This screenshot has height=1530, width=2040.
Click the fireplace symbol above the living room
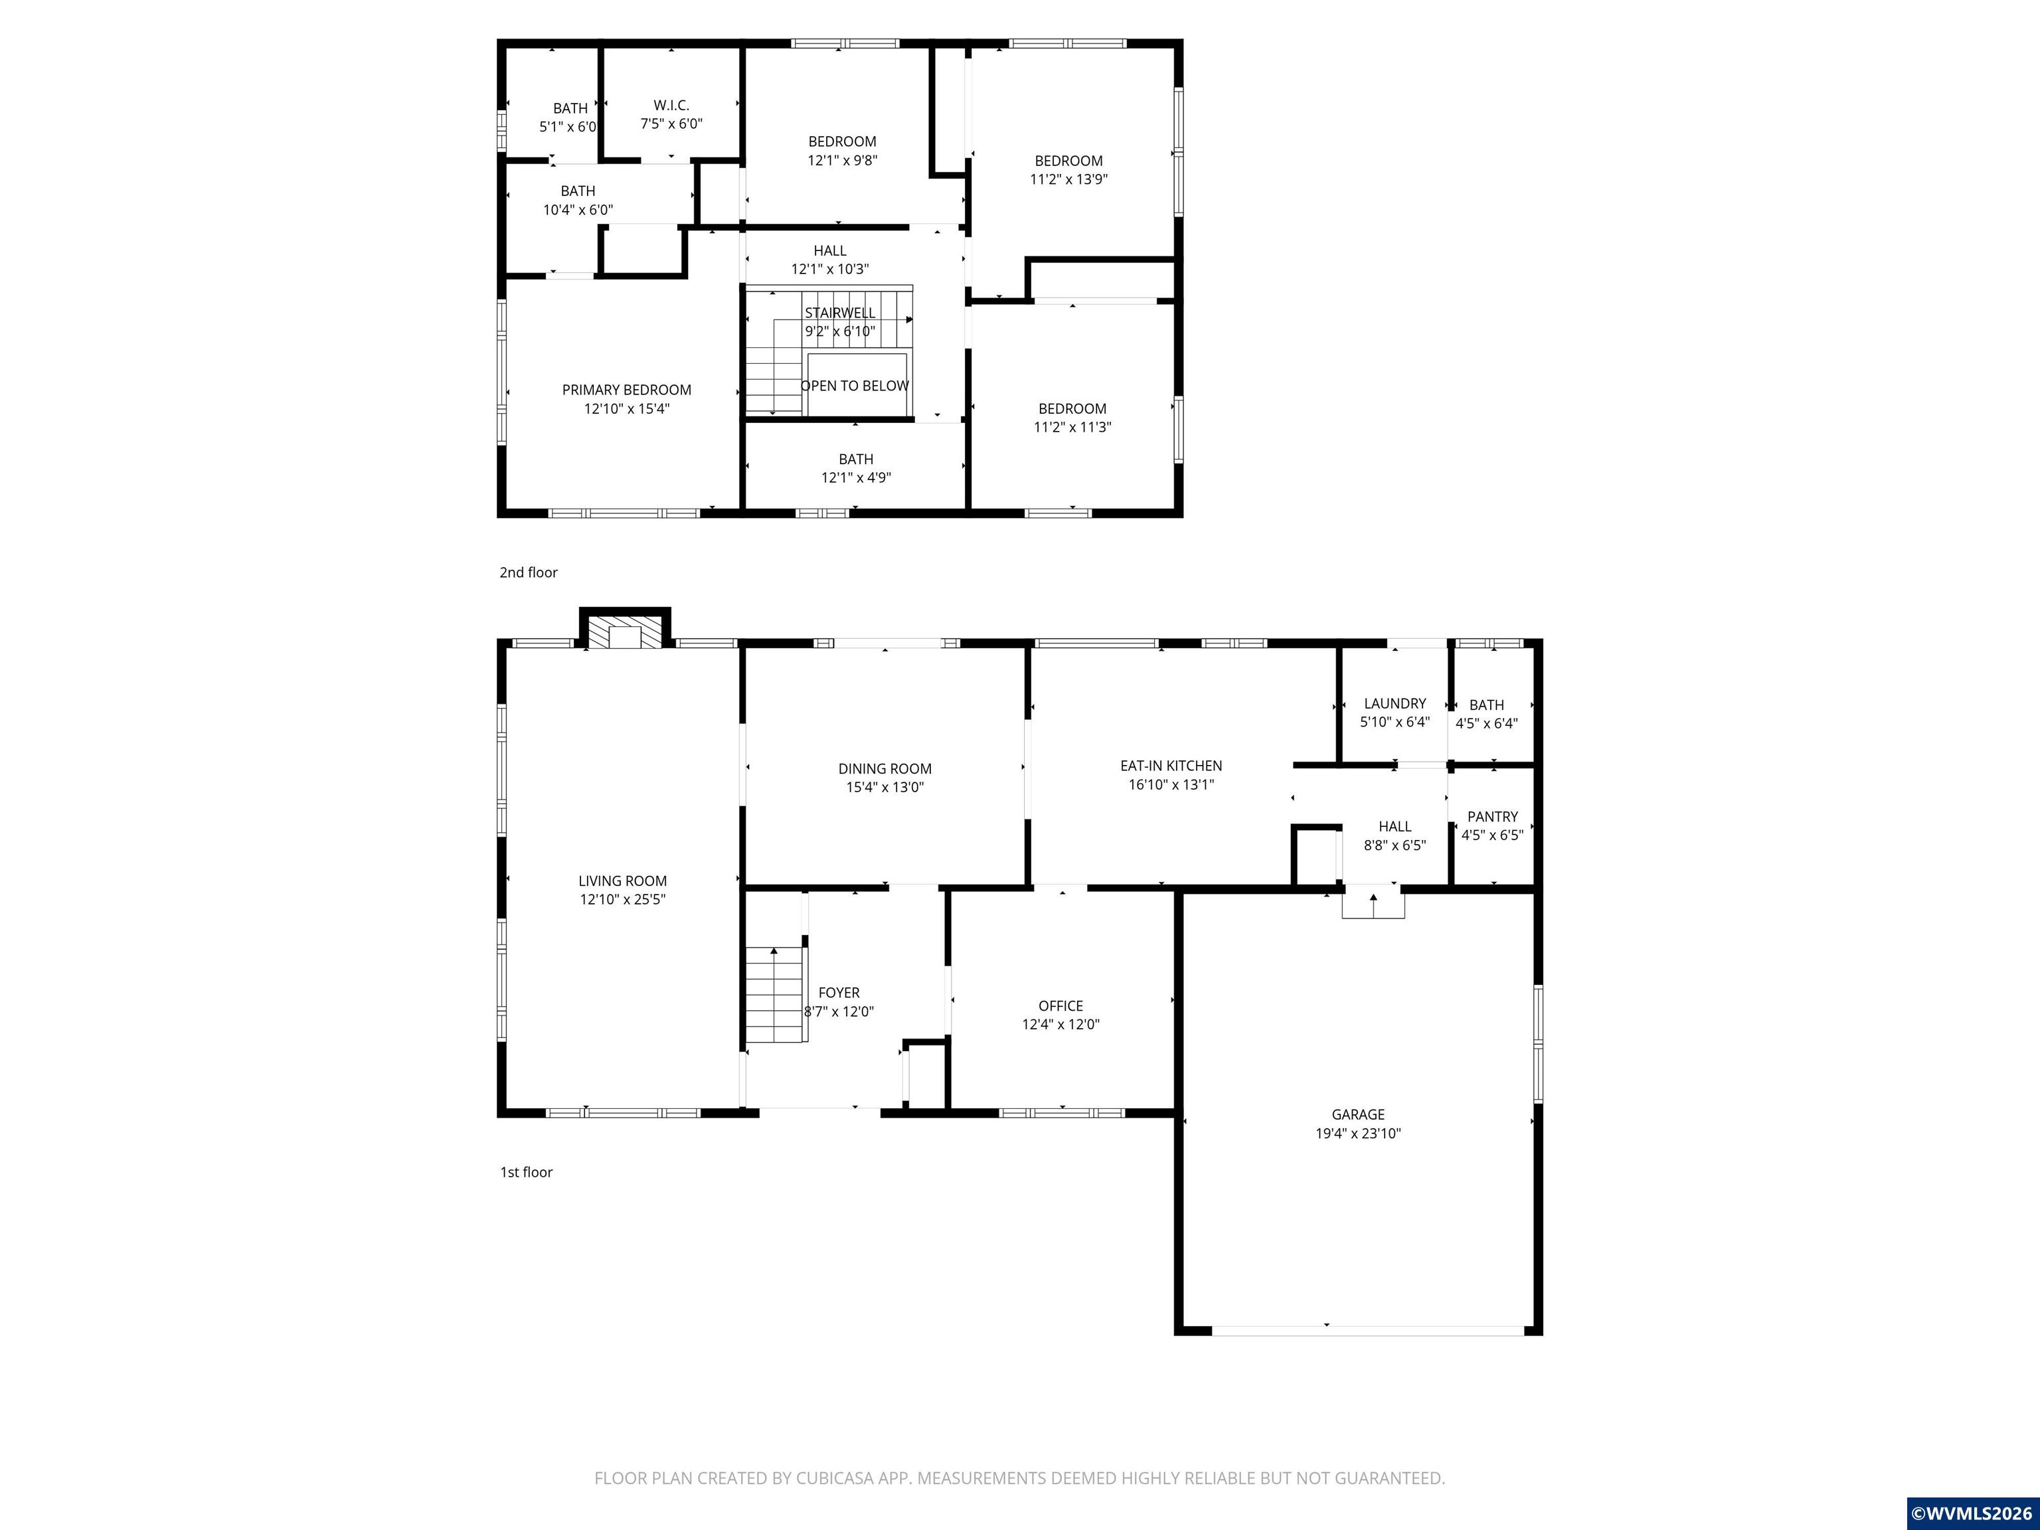point(626,634)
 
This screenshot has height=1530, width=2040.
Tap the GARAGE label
point(1357,1114)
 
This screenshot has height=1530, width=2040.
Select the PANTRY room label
point(1491,816)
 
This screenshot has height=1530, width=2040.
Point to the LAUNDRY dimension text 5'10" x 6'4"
point(1395,722)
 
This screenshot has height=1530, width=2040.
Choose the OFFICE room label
point(1061,1005)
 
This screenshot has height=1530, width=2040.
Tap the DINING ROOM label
point(885,768)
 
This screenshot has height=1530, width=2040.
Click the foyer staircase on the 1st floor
point(775,994)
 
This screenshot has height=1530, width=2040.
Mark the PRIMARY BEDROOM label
point(626,389)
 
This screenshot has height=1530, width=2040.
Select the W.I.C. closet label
point(671,105)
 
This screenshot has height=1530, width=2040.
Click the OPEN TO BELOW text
point(854,386)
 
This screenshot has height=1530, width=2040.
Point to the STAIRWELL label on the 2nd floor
point(839,313)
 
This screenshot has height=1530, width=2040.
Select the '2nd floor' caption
point(529,572)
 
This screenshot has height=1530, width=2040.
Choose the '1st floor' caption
point(526,1172)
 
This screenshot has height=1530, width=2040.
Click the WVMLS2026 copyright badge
point(1972,1513)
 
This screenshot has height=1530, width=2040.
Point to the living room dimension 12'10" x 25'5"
point(622,899)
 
